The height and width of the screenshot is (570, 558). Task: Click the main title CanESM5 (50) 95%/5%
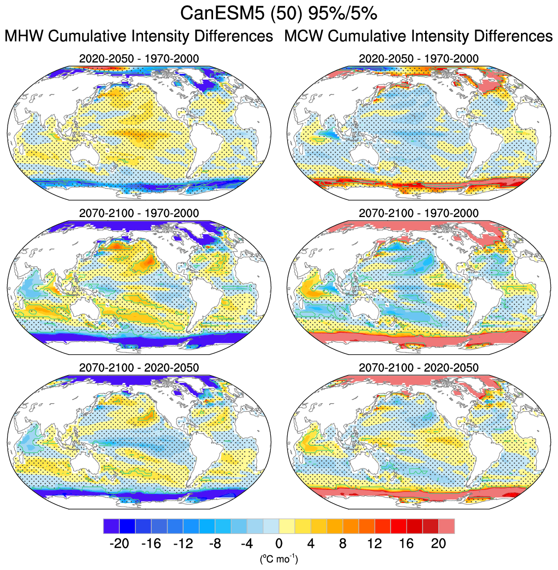[x=278, y=14]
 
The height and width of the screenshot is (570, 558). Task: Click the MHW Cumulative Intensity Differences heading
[x=138, y=37]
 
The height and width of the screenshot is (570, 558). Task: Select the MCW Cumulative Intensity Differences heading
[x=419, y=37]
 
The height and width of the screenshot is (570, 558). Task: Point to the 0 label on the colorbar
[x=279, y=544]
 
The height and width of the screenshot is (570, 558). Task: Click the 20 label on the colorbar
[x=438, y=544]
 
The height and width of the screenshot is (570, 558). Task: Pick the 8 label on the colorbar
[x=343, y=544]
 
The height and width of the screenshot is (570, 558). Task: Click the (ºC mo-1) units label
[x=279, y=559]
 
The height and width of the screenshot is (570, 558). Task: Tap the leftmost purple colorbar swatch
[x=111, y=526]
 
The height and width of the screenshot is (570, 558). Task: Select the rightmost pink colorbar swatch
[x=447, y=526]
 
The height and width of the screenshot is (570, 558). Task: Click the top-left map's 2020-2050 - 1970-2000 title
[x=139, y=59]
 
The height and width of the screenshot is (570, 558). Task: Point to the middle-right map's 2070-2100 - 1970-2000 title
[x=419, y=213]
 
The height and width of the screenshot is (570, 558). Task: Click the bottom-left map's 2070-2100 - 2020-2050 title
[x=139, y=367]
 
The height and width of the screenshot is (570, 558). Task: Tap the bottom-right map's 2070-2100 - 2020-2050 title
[x=419, y=367]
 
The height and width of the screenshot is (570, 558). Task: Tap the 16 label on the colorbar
[x=406, y=544]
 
